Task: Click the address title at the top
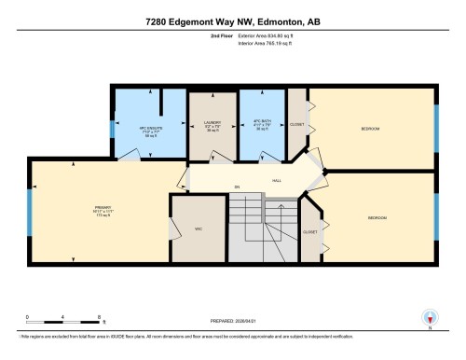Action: pos(233,21)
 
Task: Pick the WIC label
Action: pos(198,228)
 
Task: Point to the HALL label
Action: pos(277,182)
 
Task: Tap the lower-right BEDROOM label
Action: pos(377,217)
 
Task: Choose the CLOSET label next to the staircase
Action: pos(310,231)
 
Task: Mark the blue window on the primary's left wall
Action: pos(29,212)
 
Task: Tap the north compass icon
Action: pos(430,317)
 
